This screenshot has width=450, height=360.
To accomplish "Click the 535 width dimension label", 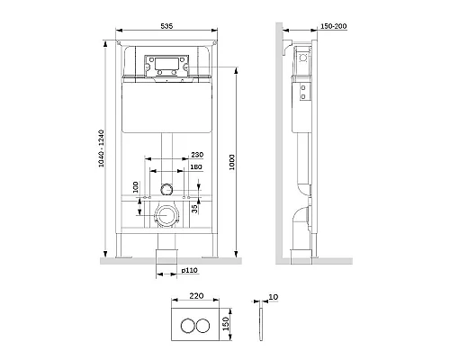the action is click(166, 26).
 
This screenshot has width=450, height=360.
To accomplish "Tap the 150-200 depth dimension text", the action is click(334, 26).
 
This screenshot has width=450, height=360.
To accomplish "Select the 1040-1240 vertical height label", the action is click(101, 148).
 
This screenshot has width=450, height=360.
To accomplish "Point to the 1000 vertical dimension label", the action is click(232, 162).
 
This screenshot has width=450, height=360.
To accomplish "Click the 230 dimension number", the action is click(197, 155).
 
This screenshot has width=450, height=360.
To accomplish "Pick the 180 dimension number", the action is click(196, 166).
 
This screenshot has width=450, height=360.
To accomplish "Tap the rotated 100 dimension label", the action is click(136, 187).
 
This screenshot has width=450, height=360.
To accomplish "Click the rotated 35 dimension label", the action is click(194, 209).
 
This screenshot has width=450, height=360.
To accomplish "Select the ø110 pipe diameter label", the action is click(190, 270).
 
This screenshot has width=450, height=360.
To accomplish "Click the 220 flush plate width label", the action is click(196, 296).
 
